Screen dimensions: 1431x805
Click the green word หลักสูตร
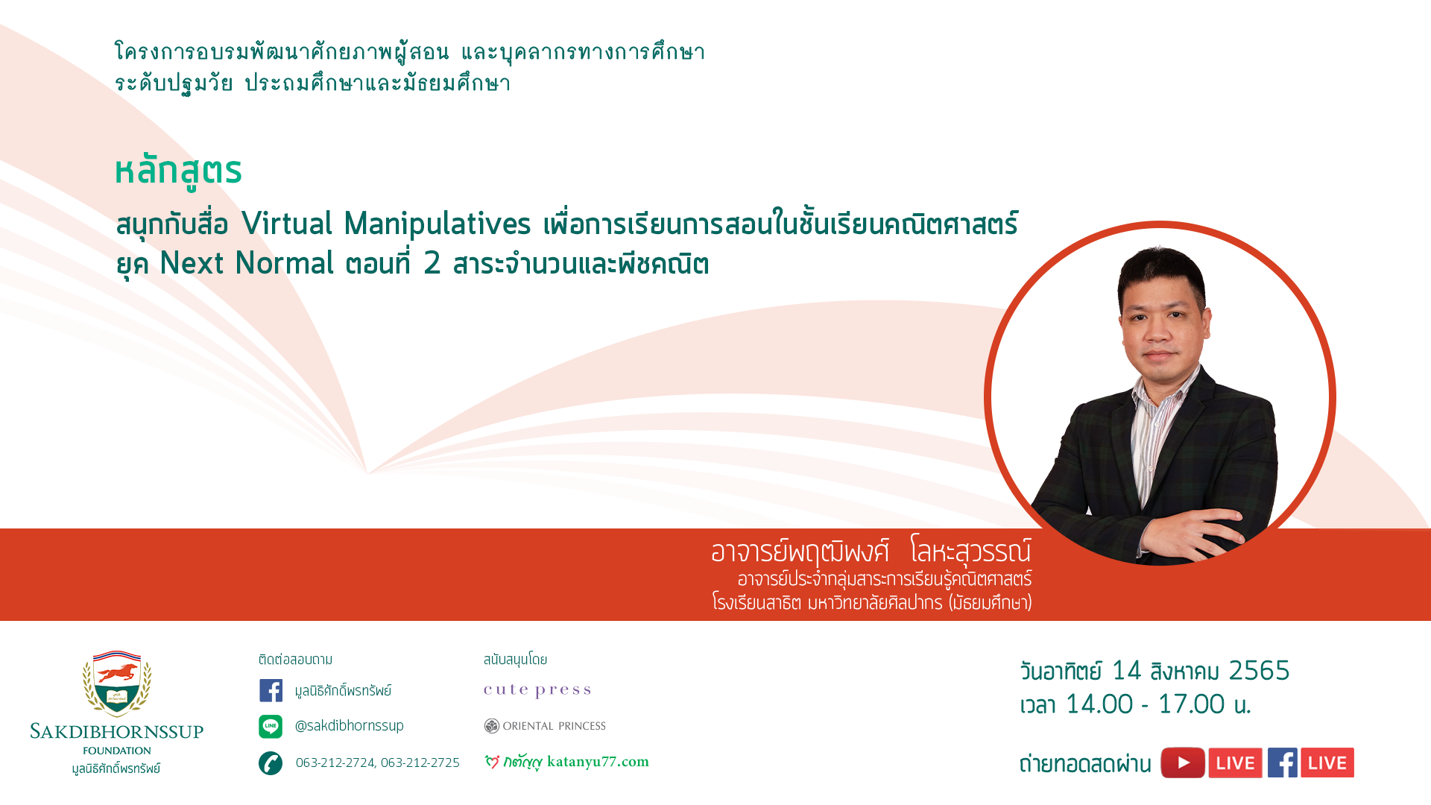(x=179, y=171)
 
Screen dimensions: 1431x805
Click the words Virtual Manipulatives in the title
(x=386, y=224)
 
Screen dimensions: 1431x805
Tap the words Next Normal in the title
(x=247, y=263)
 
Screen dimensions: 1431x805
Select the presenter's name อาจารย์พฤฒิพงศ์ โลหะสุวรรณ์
(x=871, y=552)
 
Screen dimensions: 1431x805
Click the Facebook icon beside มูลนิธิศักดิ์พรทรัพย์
(x=271, y=690)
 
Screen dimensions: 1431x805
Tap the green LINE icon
(x=271, y=726)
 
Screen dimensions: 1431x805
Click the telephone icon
(x=271, y=763)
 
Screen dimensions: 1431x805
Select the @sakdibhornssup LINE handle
(x=350, y=725)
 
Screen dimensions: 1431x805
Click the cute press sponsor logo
(x=537, y=690)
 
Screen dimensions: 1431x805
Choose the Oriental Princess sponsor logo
(x=545, y=726)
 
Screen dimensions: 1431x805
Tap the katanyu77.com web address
(x=598, y=762)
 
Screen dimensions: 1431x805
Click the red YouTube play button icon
(x=1183, y=763)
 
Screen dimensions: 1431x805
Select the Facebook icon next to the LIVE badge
(x=1283, y=763)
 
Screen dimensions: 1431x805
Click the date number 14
(x=1126, y=671)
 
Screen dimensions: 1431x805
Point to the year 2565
(x=1259, y=671)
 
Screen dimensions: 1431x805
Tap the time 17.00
(x=1191, y=704)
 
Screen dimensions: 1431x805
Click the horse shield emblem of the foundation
(x=117, y=684)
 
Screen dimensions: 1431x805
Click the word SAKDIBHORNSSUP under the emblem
(x=117, y=731)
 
